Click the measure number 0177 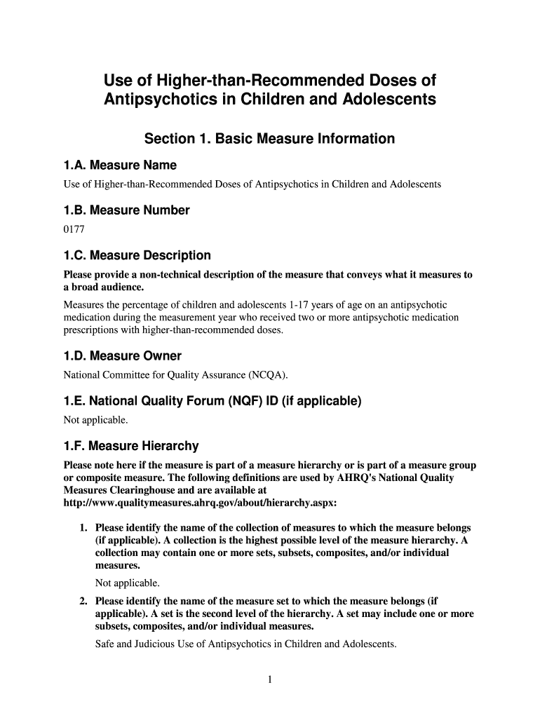click(74, 229)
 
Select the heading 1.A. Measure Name click(120, 165)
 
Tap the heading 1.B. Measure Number click(126, 210)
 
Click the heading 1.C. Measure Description click(137, 255)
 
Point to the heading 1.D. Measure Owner click(122, 356)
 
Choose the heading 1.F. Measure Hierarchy click(131, 446)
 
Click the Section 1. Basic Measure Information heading click(269, 139)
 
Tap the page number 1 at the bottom click(270, 679)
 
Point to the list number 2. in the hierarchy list click(83, 601)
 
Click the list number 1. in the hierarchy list click(83, 527)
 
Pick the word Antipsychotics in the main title click(160, 100)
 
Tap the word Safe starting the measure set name click(106, 644)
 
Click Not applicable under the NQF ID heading click(96, 419)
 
